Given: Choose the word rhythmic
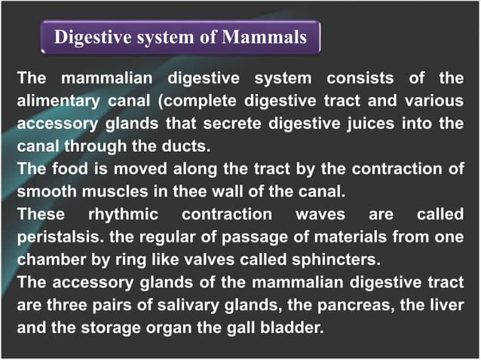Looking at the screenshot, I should tap(123, 215).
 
